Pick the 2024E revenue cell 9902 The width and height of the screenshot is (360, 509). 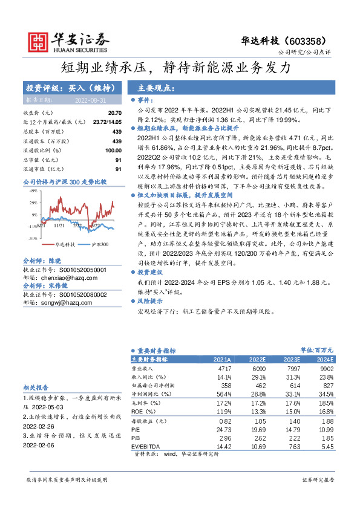click(327, 368)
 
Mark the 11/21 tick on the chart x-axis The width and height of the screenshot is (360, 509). click(59, 225)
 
